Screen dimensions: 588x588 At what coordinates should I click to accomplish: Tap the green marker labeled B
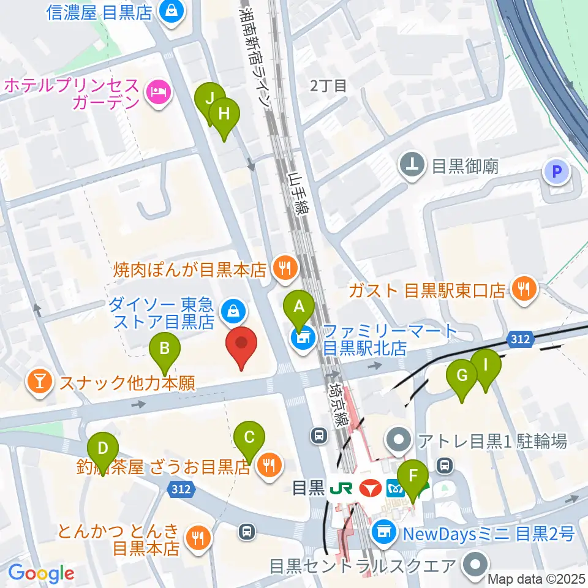165,349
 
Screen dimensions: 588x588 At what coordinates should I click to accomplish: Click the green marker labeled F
413,477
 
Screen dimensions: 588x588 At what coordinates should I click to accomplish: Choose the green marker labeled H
224,115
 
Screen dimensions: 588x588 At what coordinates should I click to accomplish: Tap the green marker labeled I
486,366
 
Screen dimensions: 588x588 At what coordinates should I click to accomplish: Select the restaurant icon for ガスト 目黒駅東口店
522,288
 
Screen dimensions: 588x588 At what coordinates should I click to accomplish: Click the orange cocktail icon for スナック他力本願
39,383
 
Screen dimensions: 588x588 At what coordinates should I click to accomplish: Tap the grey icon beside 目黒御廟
413,165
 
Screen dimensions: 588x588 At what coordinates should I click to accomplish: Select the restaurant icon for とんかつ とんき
198,538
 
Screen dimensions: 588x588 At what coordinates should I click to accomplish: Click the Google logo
41,573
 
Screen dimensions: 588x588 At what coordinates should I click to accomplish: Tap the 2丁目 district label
328,86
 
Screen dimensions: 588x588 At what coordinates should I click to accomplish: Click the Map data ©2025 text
537,579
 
